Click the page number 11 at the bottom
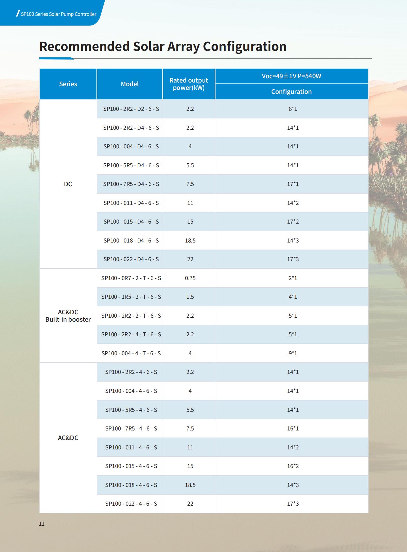click(42, 524)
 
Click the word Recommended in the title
click(85, 46)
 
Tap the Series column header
click(68, 84)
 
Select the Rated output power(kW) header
click(189, 84)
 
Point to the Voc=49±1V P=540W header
click(291, 76)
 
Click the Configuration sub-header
click(291, 92)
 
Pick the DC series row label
click(68, 184)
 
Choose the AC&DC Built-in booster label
click(68, 316)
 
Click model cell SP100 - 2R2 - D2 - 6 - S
click(131, 109)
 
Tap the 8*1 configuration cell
click(293, 109)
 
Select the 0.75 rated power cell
click(190, 278)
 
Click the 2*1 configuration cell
click(293, 278)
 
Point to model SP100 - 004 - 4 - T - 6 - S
click(131, 353)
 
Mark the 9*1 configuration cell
click(293, 353)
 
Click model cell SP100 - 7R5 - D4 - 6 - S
click(131, 184)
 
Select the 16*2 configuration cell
click(293, 466)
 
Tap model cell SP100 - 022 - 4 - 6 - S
click(131, 504)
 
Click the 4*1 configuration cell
click(293, 297)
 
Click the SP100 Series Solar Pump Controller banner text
click(59, 14)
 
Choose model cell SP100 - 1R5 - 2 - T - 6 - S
click(131, 297)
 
